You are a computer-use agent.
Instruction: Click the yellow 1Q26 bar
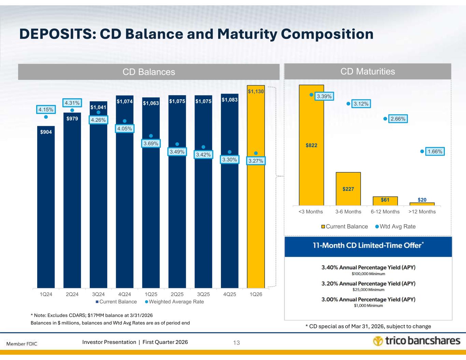click(x=256, y=205)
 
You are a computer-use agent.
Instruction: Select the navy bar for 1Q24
click(x=46, y=212)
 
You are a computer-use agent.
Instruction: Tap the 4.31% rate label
click(x=72, y=102)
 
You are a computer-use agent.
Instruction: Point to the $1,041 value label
click(x=98, y=107)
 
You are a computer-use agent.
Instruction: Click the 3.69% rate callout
click(x=151, y=144)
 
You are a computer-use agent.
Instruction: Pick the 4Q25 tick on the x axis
click(x=229, y=294)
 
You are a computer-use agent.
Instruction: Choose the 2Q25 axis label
click(x=177, y=294)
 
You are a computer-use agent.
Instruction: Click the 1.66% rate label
click(x=435, y=151)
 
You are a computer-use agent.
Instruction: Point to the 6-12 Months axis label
click(x=385, y=212)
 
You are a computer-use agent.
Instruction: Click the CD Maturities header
click(x=368, y=71)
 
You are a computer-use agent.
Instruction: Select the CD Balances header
click(x=149, y=72)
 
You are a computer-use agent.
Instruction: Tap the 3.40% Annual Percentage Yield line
click(x=368, y=268)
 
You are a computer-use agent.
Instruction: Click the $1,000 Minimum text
click(x=368, y=306)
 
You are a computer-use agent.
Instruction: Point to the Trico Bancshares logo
click(x=416, y=341)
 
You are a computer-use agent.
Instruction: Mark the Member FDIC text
click(x=22, y=343)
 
